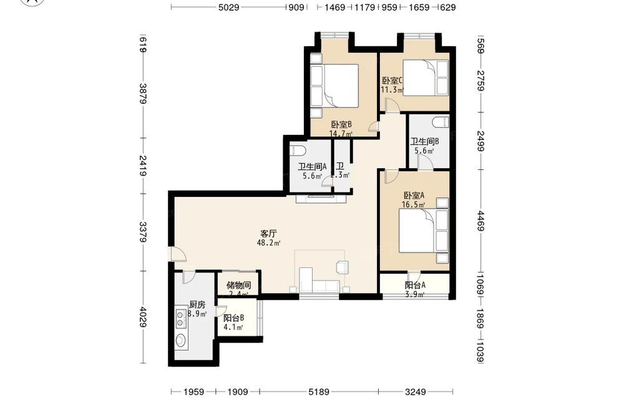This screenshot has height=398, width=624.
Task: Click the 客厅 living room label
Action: point(268,234)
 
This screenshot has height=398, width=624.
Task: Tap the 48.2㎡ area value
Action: point(268,242)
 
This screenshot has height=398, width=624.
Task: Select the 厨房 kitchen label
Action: point(197,305)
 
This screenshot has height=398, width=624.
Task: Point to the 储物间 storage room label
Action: point(238,286)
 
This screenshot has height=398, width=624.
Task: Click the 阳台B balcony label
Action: point(233,318)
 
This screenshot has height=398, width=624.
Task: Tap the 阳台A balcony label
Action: point(415,286)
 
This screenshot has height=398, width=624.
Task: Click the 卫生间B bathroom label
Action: point(424,141)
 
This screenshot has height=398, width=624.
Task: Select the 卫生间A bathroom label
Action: point(312,167)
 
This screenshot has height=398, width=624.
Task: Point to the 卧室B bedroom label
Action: point(341,125)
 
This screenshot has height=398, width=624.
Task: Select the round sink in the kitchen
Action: point(181,341)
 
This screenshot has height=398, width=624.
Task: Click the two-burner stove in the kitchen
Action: point(181,318)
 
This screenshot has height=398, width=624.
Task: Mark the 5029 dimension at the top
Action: point(229,7)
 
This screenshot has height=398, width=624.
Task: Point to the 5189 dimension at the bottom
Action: point(319,392)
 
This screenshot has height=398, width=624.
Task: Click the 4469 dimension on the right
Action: point(480,221)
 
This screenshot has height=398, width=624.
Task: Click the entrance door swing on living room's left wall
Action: point(177,254)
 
